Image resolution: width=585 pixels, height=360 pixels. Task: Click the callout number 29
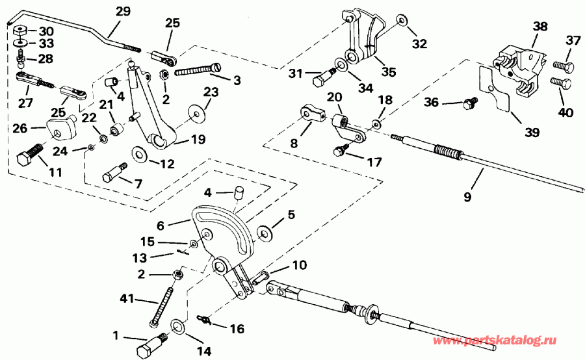tap(122, 12)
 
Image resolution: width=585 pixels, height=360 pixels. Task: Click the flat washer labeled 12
tap(138, 154)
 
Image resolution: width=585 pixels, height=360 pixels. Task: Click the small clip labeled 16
tap(203, 318)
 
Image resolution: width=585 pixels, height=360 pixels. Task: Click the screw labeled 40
tap(562, 84)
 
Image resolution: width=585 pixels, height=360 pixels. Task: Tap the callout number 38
tap(540, 27)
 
